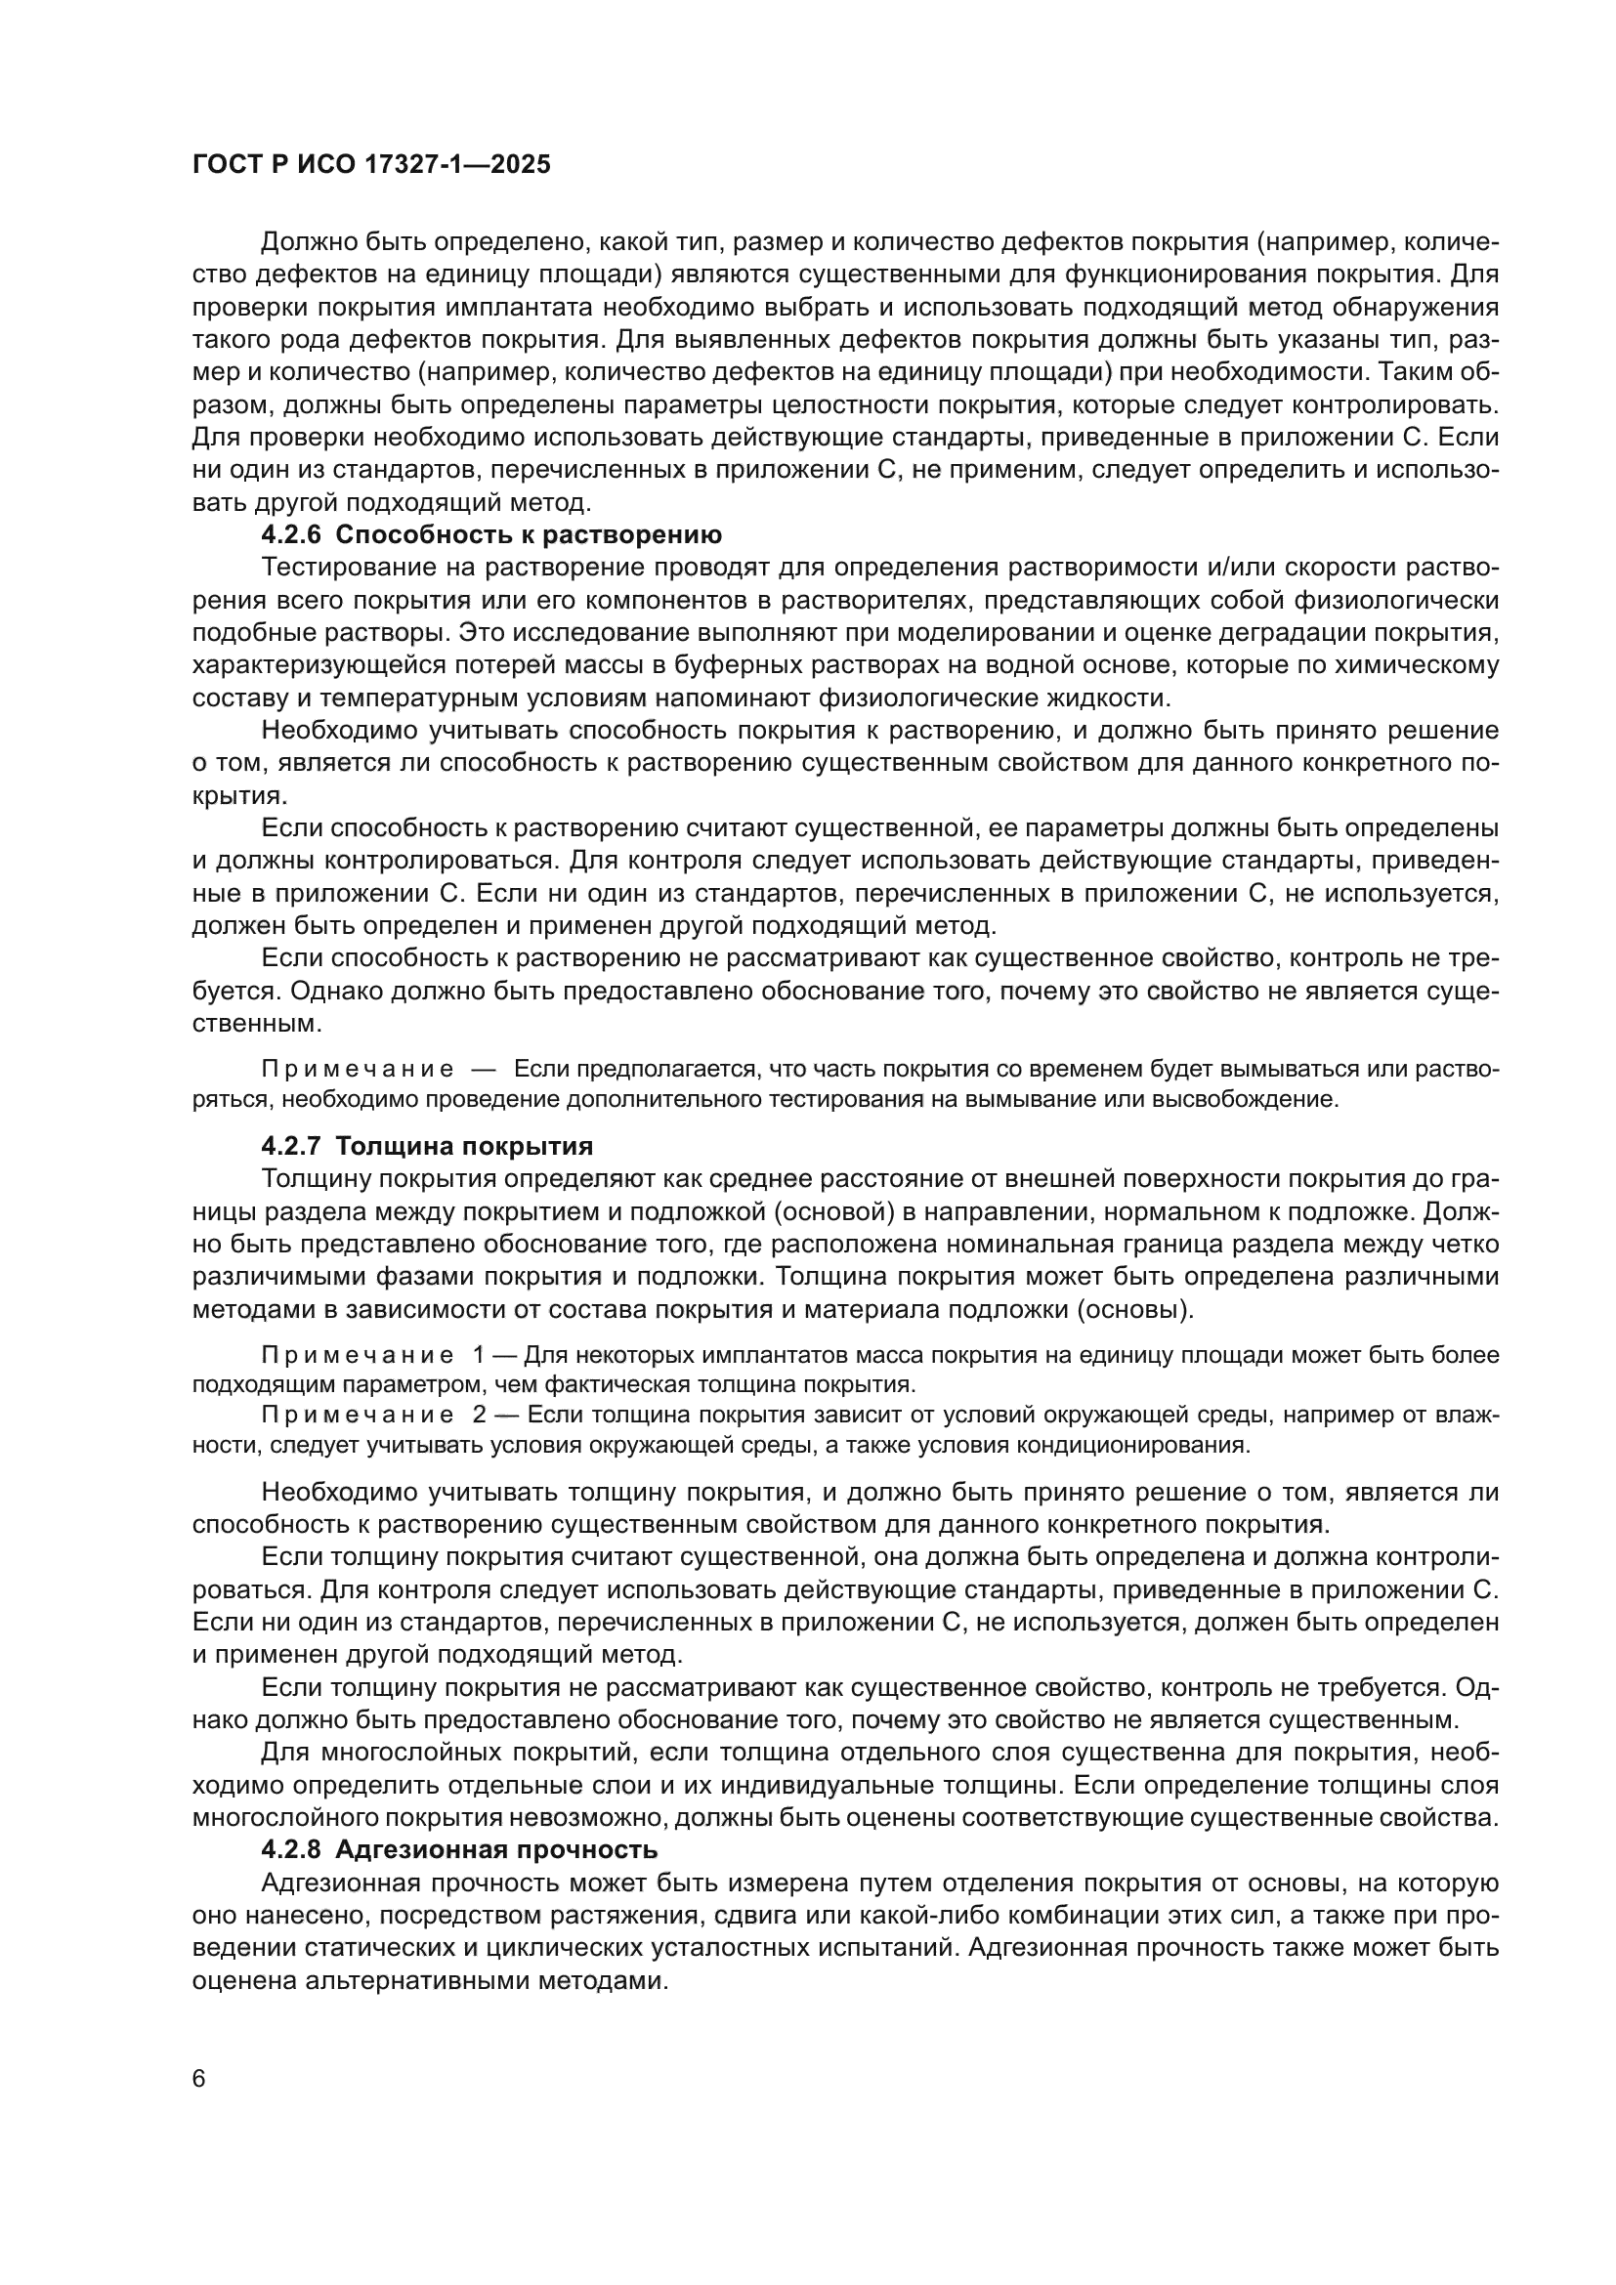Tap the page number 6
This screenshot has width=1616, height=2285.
(199, 2079)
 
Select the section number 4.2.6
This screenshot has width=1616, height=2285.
(291, 534)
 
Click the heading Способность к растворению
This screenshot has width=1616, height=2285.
(529, 534)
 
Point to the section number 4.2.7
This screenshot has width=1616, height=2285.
(291, 1147)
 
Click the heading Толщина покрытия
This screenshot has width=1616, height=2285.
(464, 1147)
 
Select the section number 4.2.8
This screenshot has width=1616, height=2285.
(291, 1850)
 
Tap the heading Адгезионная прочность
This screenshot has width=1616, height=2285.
(496, 1850)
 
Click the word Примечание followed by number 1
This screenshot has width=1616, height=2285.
(358, 1356)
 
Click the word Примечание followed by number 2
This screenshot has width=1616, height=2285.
(358, 1416)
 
